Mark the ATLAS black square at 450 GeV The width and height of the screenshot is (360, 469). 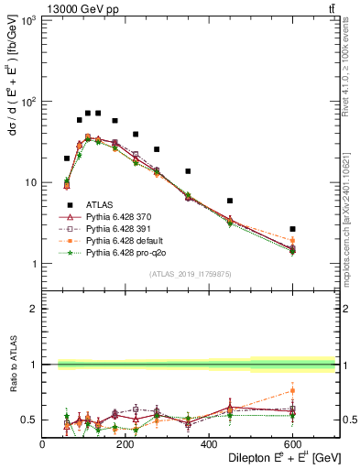point(230,201)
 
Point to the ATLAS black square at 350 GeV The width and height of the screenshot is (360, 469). point(188,171)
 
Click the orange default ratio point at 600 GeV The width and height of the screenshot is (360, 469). point(292,390)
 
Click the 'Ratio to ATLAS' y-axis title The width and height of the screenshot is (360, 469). point(12,364)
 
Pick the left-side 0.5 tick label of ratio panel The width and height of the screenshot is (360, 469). point(28,420)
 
